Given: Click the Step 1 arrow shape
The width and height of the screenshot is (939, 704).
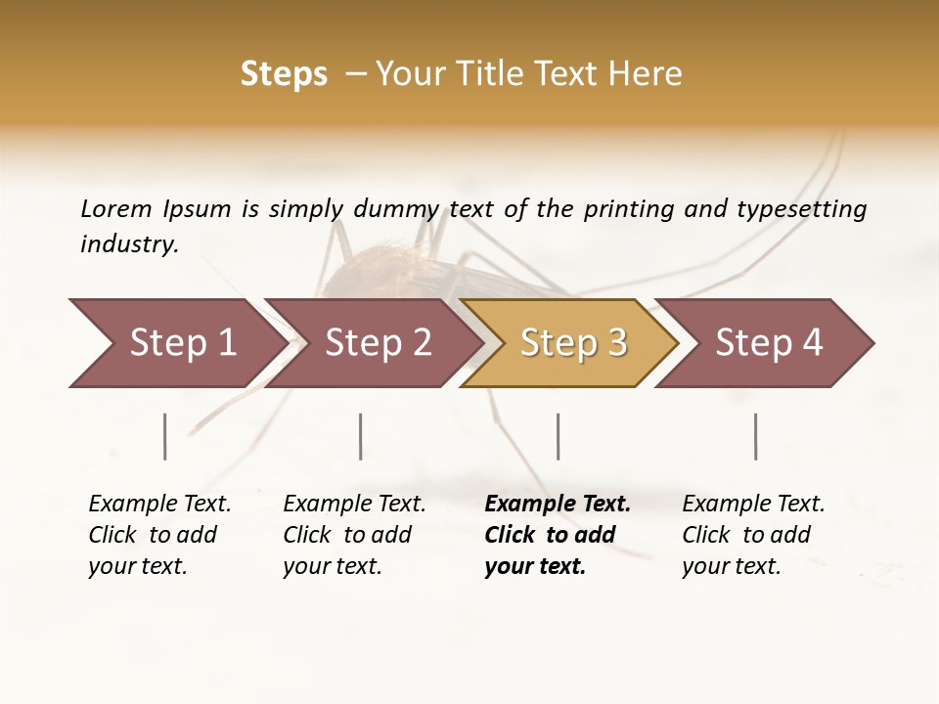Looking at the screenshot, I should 176,343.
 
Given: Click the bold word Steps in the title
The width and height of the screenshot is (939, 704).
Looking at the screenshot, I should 284,74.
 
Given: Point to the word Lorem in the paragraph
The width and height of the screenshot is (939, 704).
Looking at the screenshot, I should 116,208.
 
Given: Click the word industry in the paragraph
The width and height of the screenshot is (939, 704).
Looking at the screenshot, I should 128,243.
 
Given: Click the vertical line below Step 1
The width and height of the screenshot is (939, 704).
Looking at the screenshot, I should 165,436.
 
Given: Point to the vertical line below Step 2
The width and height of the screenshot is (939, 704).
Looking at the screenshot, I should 361,436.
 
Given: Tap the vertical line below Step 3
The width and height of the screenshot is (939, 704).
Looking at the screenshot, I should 559,436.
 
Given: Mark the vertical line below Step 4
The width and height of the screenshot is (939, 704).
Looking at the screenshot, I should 756,436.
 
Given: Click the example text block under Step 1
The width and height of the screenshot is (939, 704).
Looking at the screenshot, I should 159,535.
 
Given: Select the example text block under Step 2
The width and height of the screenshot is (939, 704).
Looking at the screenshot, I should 354,535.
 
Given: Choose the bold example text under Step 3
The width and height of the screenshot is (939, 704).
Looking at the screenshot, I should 558,535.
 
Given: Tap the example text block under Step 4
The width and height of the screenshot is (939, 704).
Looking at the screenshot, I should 753,535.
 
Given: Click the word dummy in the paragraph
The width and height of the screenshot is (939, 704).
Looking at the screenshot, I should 397,208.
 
